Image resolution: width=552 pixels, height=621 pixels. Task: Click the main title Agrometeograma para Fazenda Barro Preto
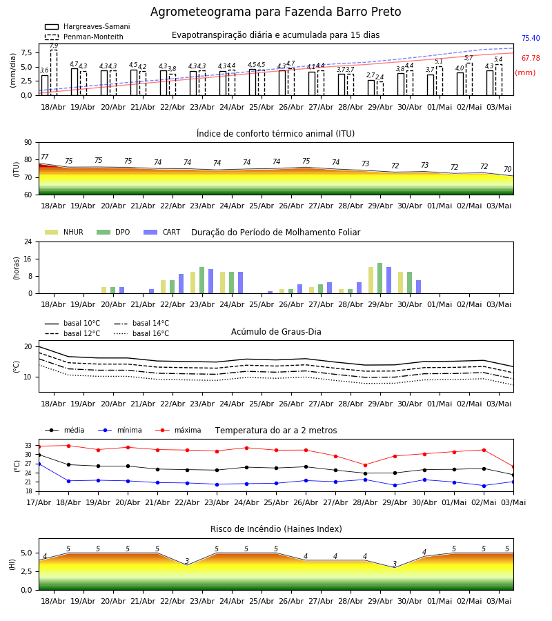point(275,12)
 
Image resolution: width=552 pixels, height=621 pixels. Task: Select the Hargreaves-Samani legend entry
point(87,26)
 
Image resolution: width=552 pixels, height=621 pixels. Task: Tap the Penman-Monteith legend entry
point(84,37)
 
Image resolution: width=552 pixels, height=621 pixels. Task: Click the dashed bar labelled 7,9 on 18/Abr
point(53,72)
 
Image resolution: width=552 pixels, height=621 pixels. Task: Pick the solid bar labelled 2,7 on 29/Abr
point(371,88)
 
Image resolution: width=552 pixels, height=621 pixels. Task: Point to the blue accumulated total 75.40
point(531,38)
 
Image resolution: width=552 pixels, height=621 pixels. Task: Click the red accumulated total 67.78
point(531,58)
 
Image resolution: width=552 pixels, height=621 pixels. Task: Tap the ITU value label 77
point(45,157)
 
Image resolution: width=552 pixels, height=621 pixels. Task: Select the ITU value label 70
point(507,169)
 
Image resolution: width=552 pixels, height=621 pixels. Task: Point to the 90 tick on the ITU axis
point(28,143)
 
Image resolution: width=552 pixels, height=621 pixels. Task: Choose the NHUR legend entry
point(64,232)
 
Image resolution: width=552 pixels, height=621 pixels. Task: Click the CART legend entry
point(162,232)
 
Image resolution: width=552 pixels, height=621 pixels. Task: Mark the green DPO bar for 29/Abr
point(379,278)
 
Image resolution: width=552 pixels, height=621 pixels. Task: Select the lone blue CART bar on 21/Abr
point(151,291)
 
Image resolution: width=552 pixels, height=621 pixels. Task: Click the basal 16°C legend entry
point(141,333)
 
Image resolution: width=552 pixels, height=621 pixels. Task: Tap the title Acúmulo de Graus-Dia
point(276,332)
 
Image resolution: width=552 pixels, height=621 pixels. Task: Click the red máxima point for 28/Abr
point(365,465)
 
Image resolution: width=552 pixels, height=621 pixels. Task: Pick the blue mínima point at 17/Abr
point(39,464)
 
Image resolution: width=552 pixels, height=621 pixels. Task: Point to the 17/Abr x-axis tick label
point(39,502)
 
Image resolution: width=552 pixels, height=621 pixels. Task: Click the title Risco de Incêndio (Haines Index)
point(276,529)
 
